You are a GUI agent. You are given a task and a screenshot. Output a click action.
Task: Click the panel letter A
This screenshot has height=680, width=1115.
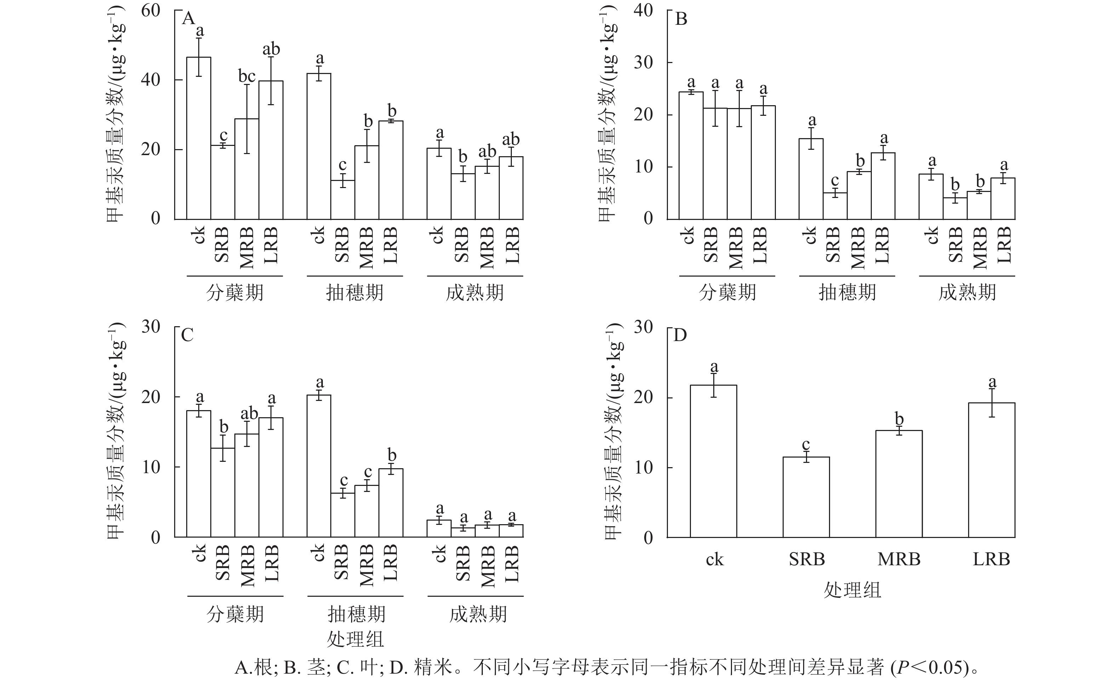(188, 19)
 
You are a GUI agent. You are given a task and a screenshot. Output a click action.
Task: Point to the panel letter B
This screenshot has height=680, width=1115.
(681, 19)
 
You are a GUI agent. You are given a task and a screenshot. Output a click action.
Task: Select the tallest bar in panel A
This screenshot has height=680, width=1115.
(199, 138)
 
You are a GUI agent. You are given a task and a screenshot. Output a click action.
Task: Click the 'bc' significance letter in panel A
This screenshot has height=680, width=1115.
(247, 76)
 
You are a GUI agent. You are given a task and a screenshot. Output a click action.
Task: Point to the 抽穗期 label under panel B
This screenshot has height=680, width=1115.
(847, 293)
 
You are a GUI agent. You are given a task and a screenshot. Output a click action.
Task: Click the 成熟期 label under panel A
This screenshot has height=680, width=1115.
(475, 293)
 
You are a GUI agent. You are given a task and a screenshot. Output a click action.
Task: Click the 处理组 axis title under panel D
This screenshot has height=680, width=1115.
(852, 590)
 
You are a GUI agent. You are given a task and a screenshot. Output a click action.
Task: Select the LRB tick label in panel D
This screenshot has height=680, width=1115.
(991, 560)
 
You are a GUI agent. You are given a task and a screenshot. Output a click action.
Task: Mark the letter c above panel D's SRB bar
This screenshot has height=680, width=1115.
(806, 444)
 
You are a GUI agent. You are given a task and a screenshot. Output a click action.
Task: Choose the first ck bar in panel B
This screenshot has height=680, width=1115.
(691, 155)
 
